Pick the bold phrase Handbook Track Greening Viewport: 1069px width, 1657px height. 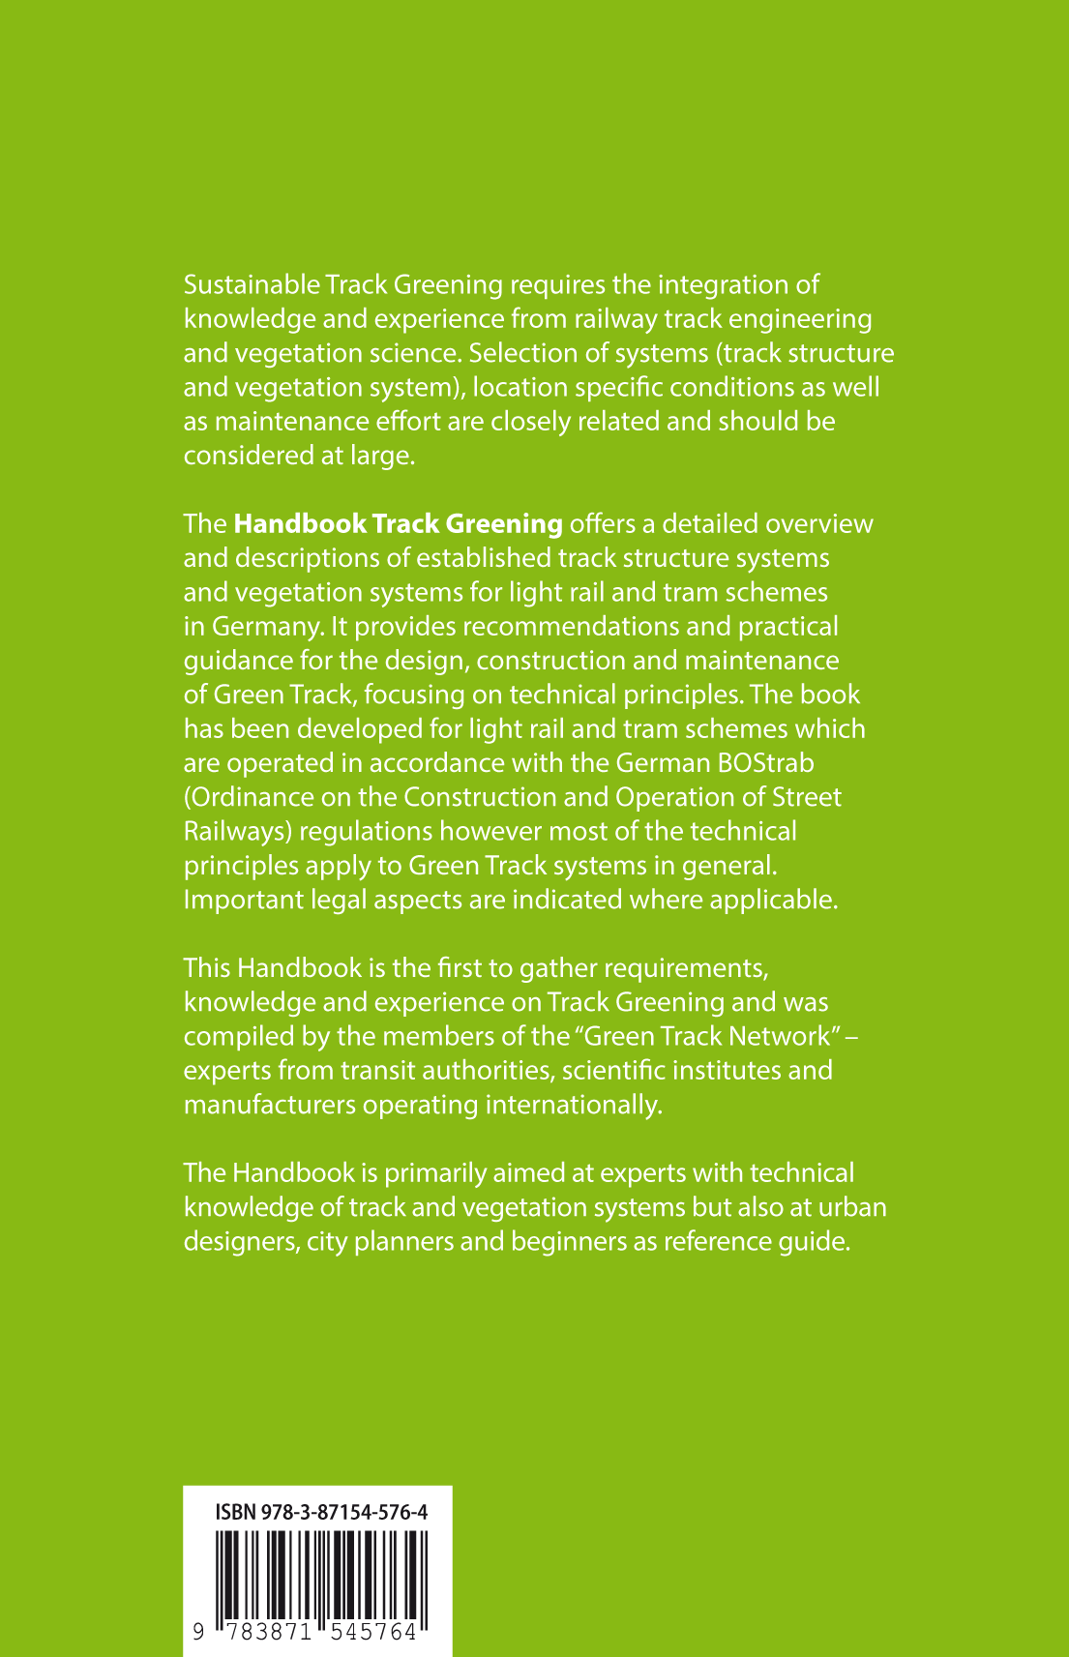[x=398, y=524]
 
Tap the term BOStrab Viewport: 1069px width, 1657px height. [x=764, y=763]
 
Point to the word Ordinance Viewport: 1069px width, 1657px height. [x=249, y=797]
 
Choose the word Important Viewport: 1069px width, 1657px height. [x=242, y=900]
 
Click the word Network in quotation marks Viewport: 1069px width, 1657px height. [x=780, y=1036]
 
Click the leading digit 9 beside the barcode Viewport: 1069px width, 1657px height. [x=197, y=1632]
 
